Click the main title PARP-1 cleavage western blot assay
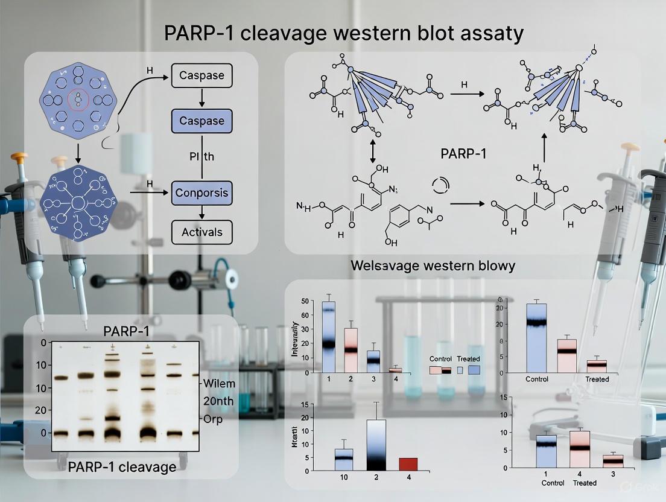[x=343, y=34]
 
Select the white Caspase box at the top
[x=201, y=76]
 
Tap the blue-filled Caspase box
[x=201, y=121]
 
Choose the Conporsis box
[x=201, y=193]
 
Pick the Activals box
[x=201, y=232]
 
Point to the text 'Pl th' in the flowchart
[x=201, y=157]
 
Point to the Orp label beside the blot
[x=214, y=419]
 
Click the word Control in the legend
[x=440, y=359]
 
